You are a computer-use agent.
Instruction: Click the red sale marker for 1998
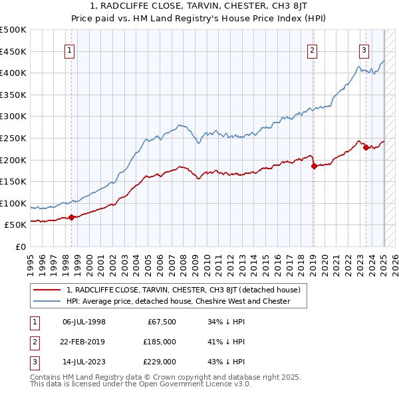tap(71, 217)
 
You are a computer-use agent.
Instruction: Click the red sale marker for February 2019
tap(313, 167)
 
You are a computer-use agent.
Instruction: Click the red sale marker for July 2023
tap(366, 147)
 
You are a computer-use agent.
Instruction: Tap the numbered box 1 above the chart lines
tap(70, 49)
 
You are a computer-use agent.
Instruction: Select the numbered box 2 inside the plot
tap(313, 49)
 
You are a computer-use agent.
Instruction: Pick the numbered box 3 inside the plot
tap(364, 49)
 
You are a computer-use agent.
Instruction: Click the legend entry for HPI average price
tap(178, 301)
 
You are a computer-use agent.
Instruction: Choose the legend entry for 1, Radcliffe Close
tap(184, 290)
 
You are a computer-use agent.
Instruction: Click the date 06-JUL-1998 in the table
tap(84, 322)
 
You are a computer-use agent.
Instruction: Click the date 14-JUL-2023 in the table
tap(84, 362)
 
